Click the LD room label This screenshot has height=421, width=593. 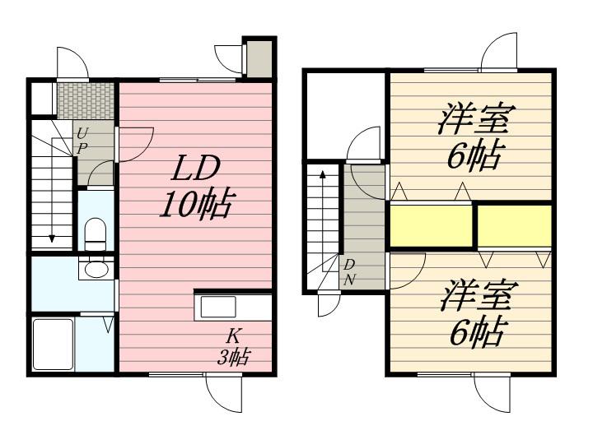195,169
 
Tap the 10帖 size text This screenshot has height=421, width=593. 195,204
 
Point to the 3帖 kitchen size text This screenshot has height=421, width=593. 233,356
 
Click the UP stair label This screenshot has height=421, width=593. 82,141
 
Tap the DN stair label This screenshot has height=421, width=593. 349,273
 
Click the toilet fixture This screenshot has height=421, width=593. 95,234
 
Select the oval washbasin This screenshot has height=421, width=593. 96,269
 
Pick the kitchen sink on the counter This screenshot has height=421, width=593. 218,307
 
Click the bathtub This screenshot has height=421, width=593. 53,345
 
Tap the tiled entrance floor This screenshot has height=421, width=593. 86,101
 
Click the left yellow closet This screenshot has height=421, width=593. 431,226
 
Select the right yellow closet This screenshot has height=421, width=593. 514,226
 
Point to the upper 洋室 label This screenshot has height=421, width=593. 477,118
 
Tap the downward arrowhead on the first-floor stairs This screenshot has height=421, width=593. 52,238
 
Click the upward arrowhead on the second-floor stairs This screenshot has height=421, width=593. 323,174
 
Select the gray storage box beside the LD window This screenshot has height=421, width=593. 259,59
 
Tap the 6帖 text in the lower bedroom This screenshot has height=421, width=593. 477,331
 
